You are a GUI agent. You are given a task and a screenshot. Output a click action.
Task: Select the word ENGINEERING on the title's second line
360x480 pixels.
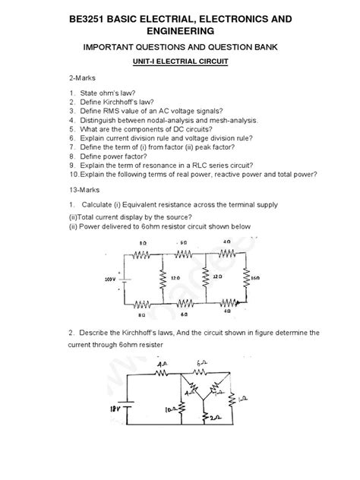[179, 30]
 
